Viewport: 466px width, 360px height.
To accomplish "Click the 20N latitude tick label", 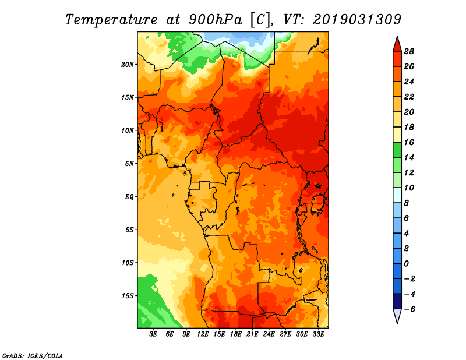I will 128,64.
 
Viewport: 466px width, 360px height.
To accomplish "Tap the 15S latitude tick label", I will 128,295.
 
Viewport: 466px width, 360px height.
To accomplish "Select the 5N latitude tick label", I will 129,163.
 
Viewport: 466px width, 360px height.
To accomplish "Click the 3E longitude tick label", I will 154,334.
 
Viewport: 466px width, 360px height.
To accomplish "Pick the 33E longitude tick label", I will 318,334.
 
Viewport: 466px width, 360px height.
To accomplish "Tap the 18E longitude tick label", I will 236,334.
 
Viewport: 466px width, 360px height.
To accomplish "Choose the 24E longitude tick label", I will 269,334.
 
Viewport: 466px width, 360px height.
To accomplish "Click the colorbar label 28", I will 409,51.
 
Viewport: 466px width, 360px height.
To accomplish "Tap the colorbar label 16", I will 409,142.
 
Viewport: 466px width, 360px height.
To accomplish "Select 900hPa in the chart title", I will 214,19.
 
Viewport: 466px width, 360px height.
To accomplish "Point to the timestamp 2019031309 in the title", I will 357,19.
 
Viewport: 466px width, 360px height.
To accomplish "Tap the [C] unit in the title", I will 260,19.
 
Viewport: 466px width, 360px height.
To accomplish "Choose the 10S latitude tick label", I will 128,263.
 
